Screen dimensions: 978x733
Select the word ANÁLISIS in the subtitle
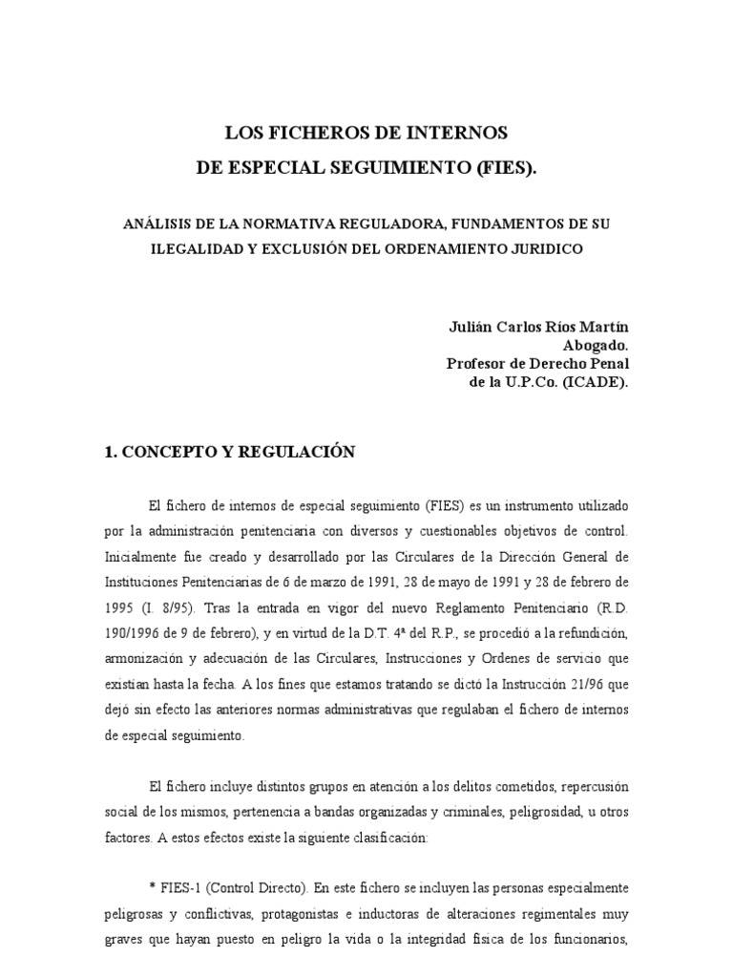[x=158, y=223]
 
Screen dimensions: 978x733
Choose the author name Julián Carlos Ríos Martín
[x=538, y=327]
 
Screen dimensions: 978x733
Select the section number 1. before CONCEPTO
[x=110, y=453]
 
